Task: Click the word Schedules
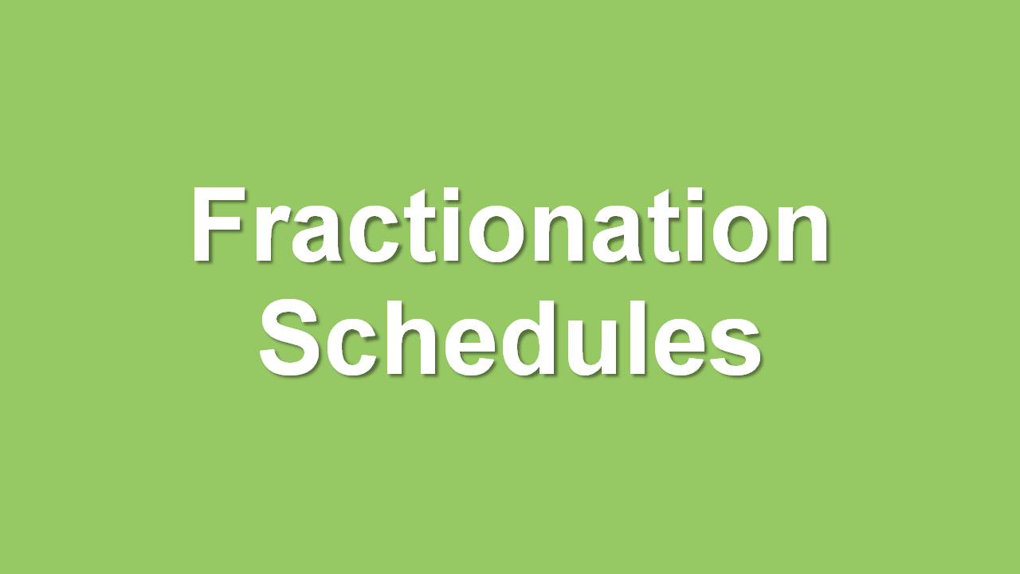510,337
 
